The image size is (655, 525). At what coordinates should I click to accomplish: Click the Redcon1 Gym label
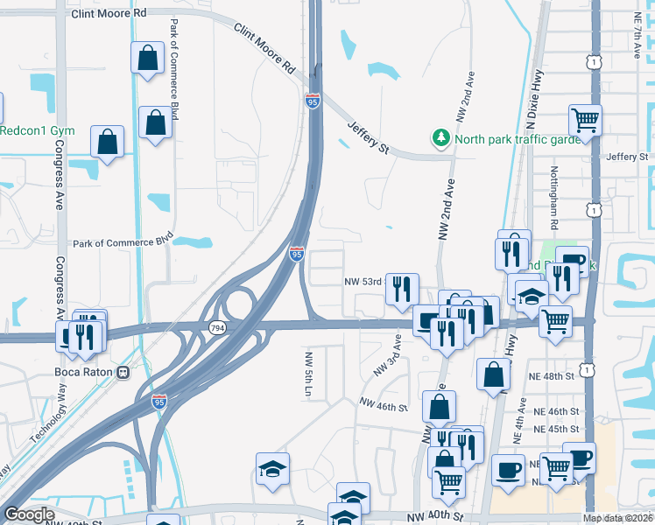pos(37,130)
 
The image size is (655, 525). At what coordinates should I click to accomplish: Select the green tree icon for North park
pos(440,138)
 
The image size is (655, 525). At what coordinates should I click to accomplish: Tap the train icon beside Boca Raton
pos(123,370)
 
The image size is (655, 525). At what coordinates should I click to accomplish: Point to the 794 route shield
pos(215,327)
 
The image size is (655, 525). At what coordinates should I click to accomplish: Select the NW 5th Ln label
pos(308,374)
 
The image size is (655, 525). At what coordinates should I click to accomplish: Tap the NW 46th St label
pos(384,405)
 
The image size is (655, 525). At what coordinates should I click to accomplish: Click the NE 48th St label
pos(548,375)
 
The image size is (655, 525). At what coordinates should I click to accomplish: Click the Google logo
pos(29,514)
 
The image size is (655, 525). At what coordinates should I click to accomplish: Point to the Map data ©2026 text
pos(618,518)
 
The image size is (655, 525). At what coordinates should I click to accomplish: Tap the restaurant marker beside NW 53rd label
pos(402,289)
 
